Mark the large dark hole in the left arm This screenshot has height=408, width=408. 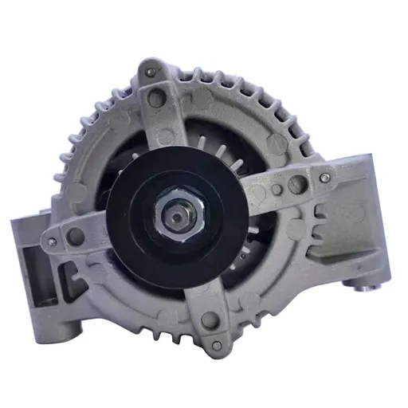click(x=76, y=235)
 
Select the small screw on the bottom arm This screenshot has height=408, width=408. click(x=216, y=345)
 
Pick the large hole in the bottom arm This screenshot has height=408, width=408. click(x=209, y=319)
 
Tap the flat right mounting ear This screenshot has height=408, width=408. click(x=363, y=207)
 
